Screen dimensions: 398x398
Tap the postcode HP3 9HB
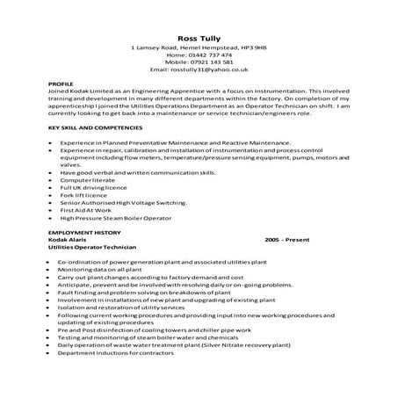point(255,48)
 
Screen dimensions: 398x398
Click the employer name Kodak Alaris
point(70,241)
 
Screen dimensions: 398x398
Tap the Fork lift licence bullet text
point(83,197)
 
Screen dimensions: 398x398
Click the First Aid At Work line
point(86,211)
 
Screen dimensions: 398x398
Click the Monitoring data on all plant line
point(101,270)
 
